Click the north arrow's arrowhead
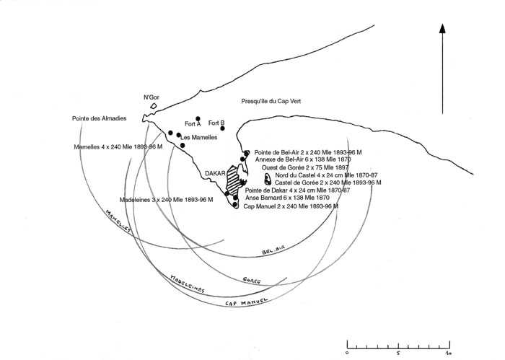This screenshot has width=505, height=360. (x=442, y=30)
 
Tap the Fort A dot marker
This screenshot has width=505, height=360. (x=198, y=119)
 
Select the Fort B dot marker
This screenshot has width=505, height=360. (x=223, y=128)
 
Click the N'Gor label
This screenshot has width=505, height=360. (x=151, y=97)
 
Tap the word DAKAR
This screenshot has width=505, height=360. (x=215, y=174)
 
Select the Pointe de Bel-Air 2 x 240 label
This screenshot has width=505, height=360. (x=308, y=152)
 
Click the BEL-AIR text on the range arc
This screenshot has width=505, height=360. (x=274, y=249)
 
